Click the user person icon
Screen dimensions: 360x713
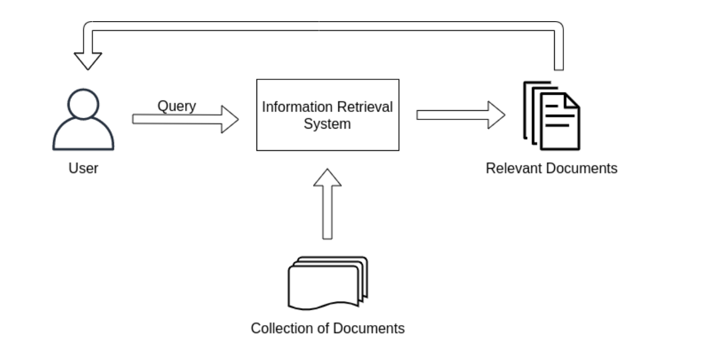tap(83, 122)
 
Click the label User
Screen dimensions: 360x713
tap(83, 169)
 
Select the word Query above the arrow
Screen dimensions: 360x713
tap(177, 106)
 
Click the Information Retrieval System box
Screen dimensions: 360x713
tap(327, 115)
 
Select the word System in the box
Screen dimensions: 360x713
tap(327, 124)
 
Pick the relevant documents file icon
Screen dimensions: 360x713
tap(551, 116)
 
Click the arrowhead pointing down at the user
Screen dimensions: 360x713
tap(87, 61)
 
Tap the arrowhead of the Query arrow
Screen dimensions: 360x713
tap(230, 119)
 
